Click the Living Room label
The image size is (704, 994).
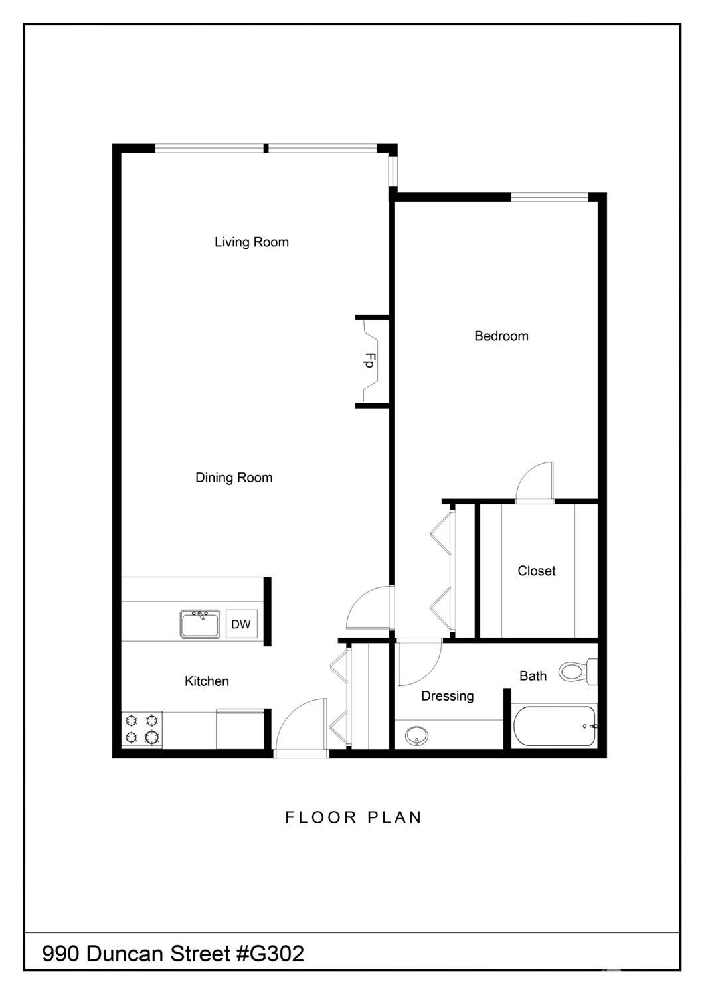click(x=251, y=242)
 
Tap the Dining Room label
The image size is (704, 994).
click(x=234, y=478)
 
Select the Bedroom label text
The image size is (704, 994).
click(x=501, y=336)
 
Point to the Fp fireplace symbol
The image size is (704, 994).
click(x=370, y=360)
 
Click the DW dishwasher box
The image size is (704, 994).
click(x=241, y=624)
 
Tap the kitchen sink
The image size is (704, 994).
click(x=200, y=624)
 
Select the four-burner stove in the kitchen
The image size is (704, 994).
click(x=142, y=729)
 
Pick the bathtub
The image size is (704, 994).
click(x=555, y=727)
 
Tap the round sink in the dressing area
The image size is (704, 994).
click(x=416, y=736)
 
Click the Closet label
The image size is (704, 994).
click(x=537, y=571)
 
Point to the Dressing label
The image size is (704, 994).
click(x=448, y=696)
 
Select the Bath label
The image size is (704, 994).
click(x=533, y=676)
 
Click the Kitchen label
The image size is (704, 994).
click(x=207, y=681)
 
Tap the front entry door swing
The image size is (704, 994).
click(x=302, y=727)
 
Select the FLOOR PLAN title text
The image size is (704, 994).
click(x=353, y=817)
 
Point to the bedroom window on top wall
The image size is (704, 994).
click(x=550, y=196)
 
